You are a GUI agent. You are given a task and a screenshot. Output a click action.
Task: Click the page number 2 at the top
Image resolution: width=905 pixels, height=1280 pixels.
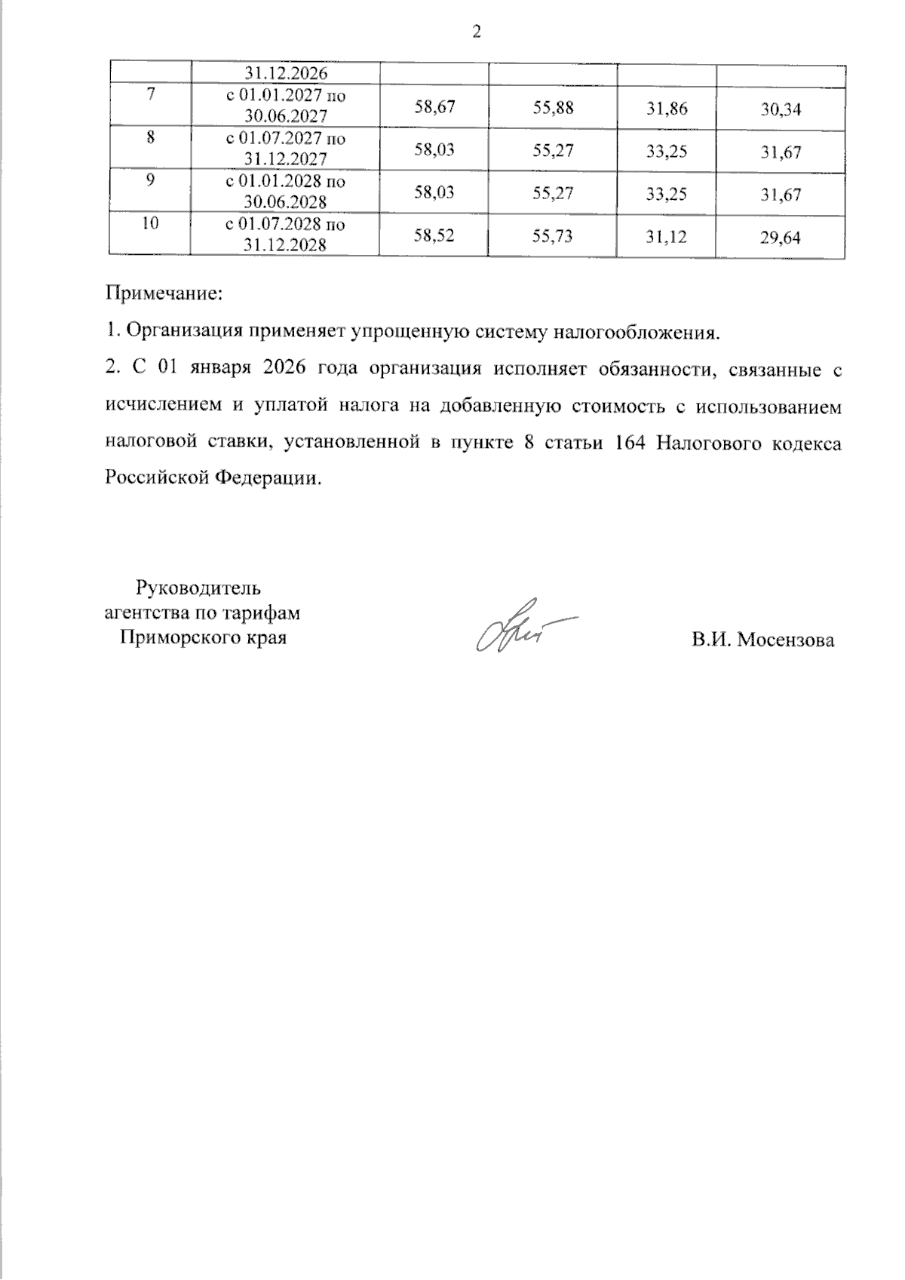[476, 32]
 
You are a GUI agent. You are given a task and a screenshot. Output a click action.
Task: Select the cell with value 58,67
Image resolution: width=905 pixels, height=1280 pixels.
[434, 107]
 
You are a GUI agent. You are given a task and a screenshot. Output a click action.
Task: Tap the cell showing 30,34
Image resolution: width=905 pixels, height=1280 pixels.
[781, 110]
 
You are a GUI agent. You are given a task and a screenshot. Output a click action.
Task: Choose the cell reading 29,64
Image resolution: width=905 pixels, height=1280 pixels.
[781, 238]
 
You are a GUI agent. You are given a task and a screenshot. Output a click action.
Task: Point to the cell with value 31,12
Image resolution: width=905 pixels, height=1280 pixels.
[667, 237]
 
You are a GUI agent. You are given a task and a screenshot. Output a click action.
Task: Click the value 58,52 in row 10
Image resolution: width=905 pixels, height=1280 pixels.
[434, 236]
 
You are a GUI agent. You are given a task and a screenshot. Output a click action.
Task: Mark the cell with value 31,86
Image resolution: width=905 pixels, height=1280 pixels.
[667, 108]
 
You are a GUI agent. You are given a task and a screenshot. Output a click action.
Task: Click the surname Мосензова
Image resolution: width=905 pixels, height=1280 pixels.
[786, 640]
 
